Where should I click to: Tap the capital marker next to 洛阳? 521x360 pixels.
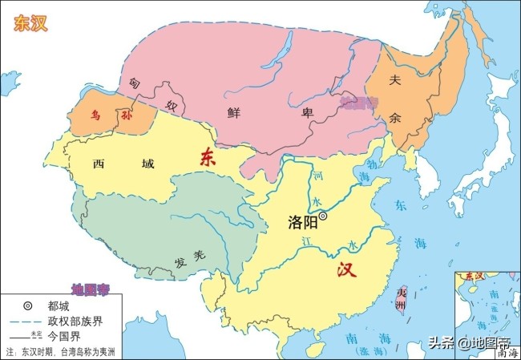pos(324,215)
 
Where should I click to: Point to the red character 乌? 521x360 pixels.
pos(97,115)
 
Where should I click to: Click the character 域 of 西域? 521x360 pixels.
pos(147,164)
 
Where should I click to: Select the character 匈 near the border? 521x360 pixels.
pos(133,82)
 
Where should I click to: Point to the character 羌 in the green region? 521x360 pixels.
pos(200,255)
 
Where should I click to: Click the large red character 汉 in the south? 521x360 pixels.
pos(346,270)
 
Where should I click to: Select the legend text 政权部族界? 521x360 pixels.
pos(75,322)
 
